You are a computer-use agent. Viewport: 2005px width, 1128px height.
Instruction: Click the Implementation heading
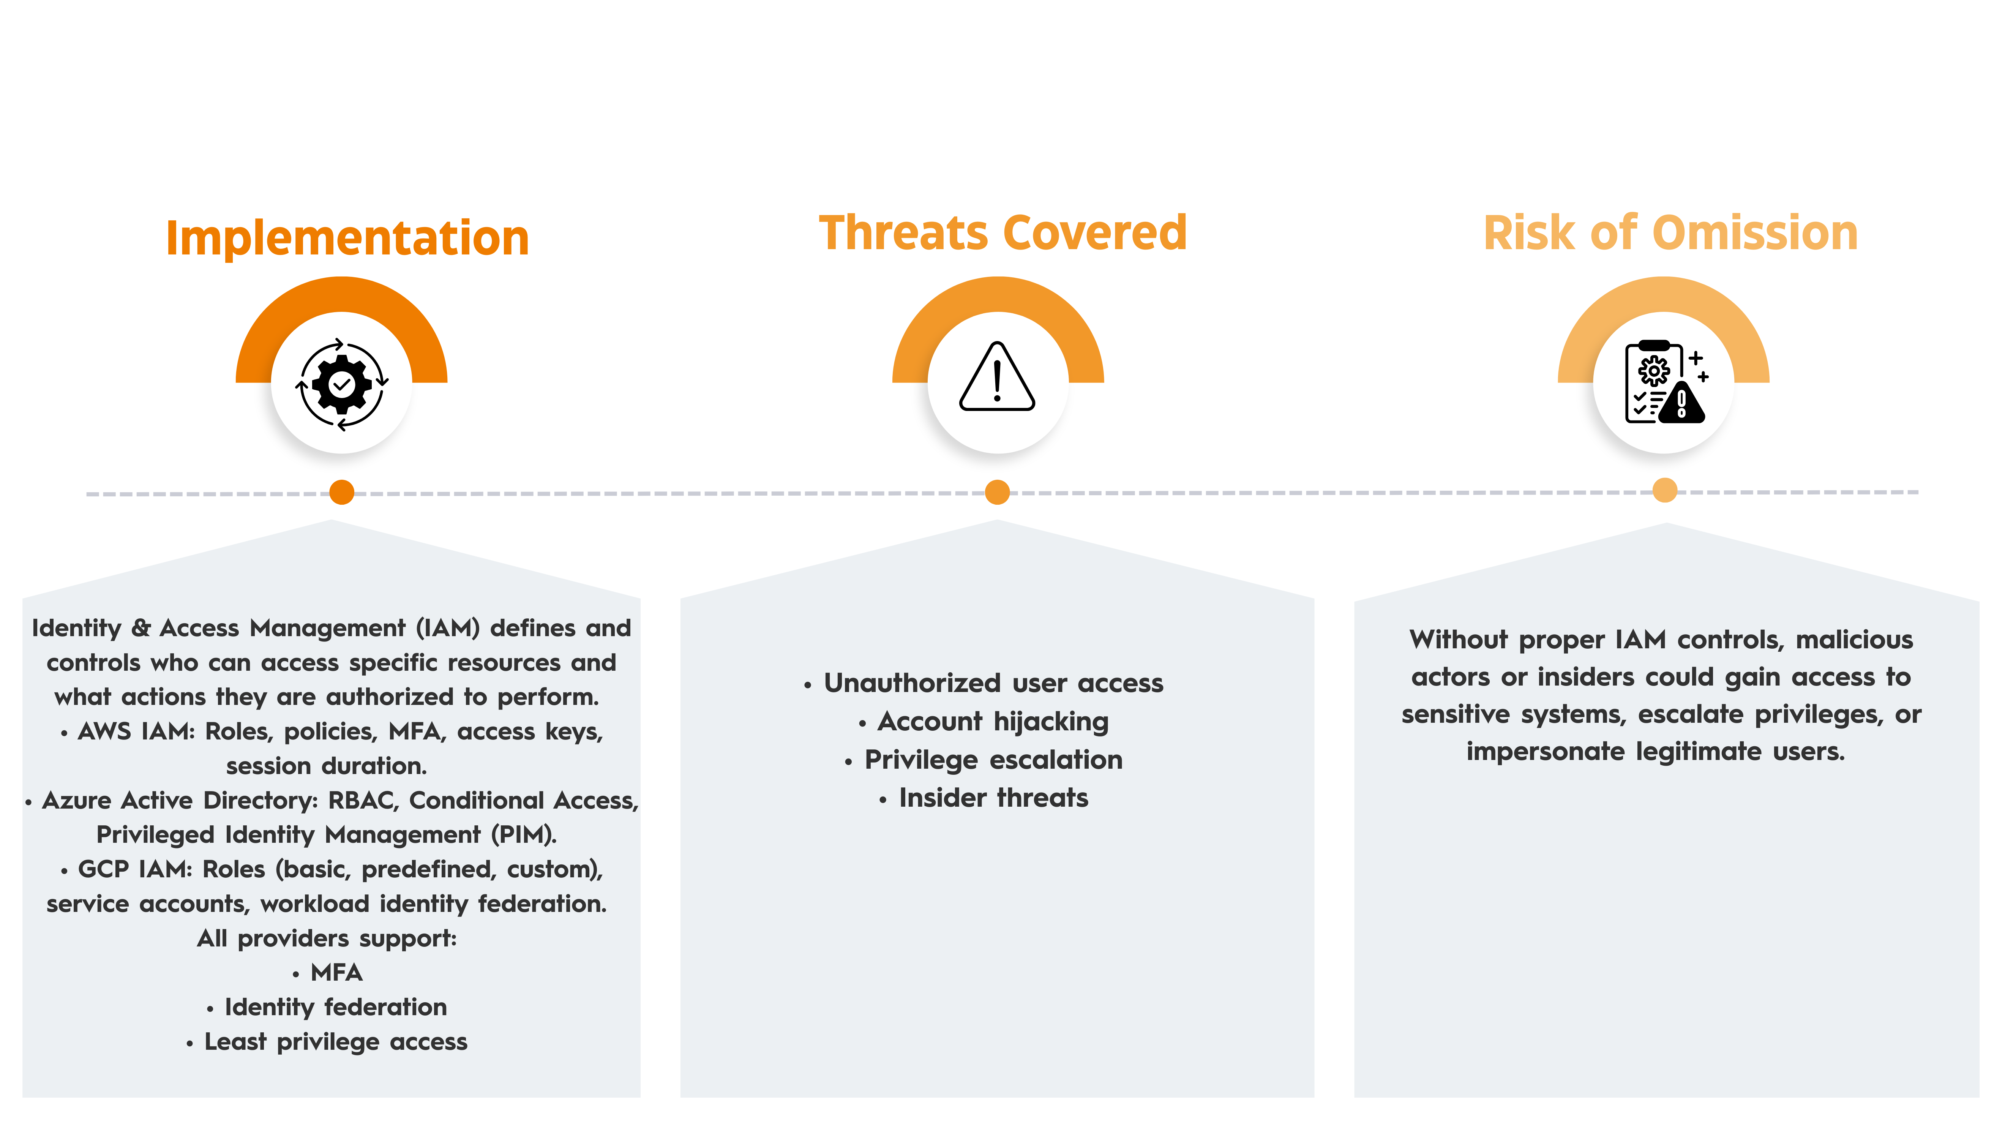[x=347, y=238]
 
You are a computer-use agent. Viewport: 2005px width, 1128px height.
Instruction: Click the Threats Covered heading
[x=1003, y=233]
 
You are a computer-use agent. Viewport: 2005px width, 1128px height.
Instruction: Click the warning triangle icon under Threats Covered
[x=997, y=377]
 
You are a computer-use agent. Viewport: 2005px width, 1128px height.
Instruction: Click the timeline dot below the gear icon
[x=342, y=492]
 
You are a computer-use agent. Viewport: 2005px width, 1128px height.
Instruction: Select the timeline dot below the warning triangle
[x=997, y=492]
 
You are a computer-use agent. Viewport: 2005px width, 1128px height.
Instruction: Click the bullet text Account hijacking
[x=993, y=722]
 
